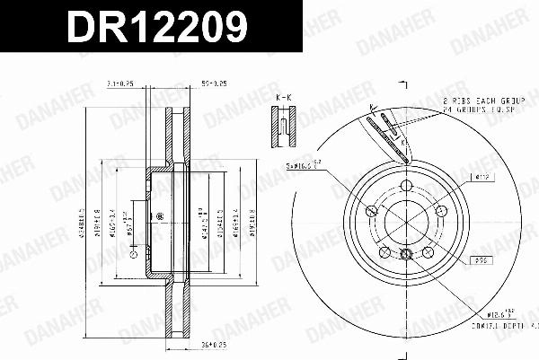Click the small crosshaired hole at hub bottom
point(405,256)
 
